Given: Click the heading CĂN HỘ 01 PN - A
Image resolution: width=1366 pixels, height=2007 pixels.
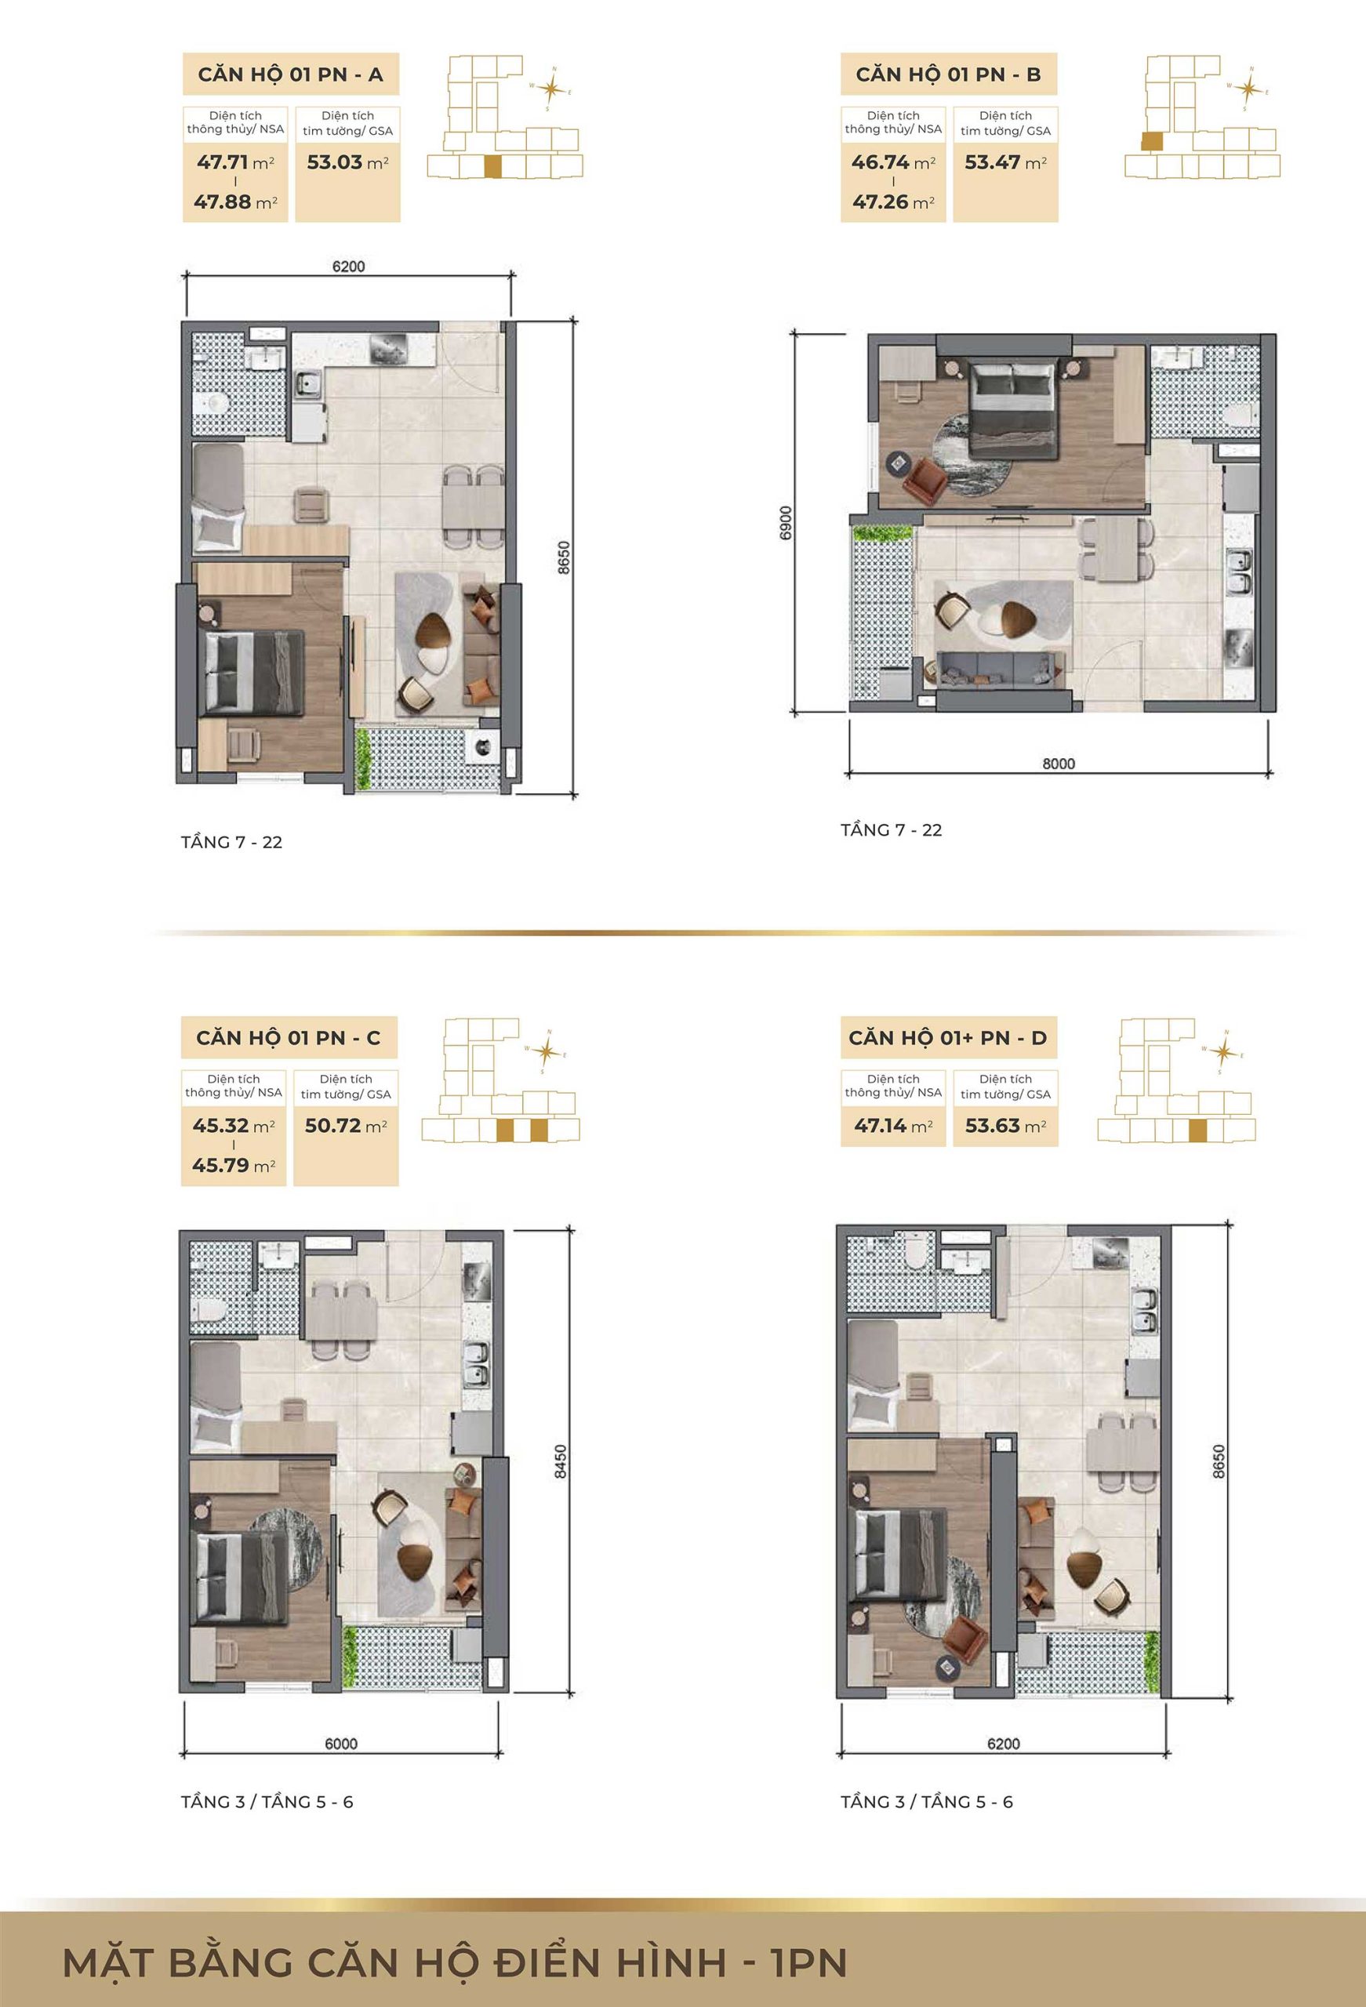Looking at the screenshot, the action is [x=290, y=75].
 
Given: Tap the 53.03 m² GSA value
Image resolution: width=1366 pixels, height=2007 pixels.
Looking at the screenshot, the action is [x=347, y=162].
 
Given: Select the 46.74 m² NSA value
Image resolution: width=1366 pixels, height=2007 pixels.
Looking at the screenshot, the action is [x=893, y=162].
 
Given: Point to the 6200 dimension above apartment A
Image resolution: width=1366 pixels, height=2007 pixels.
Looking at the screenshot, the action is [x=348, y=267].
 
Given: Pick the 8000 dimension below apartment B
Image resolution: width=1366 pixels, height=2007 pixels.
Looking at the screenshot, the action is [x=1059, y=764].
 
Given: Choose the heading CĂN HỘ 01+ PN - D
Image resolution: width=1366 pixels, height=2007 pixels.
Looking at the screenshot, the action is [x=948, y=1038].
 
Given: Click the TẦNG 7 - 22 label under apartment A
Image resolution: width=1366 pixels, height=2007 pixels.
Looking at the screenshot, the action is [x=231, y=842].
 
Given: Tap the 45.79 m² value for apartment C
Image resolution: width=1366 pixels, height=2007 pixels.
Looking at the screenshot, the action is [x=233, y=1166].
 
